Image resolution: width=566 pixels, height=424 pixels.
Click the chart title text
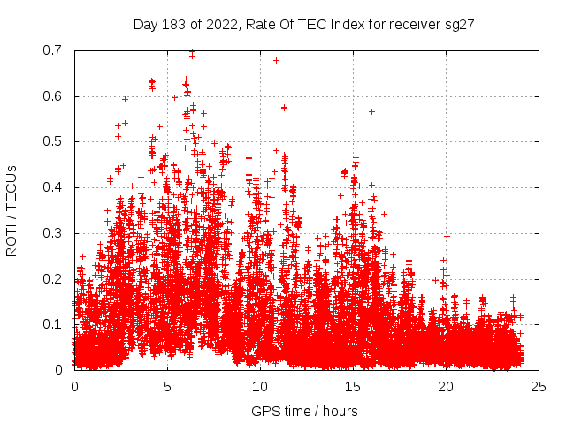pos(304,25)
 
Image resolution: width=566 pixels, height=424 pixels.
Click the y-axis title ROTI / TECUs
pos(12,210)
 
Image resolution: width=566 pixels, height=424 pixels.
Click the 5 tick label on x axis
pos(167,387)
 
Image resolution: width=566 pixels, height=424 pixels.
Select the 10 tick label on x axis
pos(260,387)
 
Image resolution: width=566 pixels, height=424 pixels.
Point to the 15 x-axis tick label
pos(353,387)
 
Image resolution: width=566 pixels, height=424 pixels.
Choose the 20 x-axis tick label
pos(446,387)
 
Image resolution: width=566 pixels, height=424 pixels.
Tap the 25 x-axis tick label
pos(539,387)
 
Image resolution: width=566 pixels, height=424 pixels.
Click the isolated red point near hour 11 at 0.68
pos(276,60)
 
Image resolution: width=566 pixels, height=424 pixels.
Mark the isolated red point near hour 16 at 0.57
pos(371,111)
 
